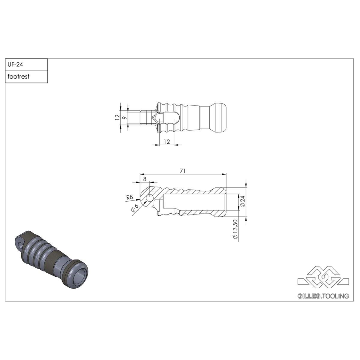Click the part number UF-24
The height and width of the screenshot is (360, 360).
pyautogui.click(x=15, y=64)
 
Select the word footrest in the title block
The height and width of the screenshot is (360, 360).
pyautogui.click(x=19, y=76)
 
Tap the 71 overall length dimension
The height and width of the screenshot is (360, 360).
pyautogui.click(x=183, y=171)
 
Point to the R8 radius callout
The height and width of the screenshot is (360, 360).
pyautogui.click(x=130, y=197)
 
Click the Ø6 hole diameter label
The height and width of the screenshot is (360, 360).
pyautogui.click(x=135, y=208)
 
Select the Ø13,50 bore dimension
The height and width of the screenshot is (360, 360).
pyautogui.click(x=235, y=229)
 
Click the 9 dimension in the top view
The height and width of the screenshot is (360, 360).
pyautogui.click(x=125, y=118)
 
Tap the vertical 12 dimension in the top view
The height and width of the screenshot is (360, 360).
pyautogui.click(x=117, y=117)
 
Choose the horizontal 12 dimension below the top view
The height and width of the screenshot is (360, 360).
pyautogui.click(x=167, y=142)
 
